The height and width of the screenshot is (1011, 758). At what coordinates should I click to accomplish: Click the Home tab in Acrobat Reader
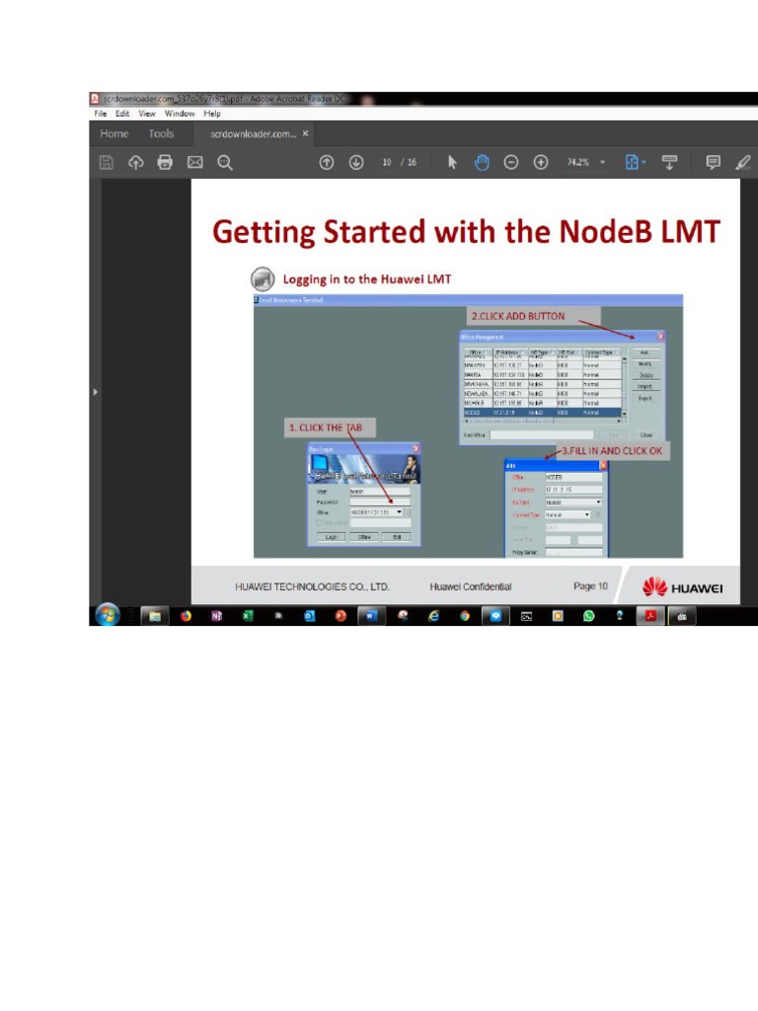pos(114,133)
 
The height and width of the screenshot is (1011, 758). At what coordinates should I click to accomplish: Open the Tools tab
pos(161,133)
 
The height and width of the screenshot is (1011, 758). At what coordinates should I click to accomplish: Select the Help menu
pos(212,114)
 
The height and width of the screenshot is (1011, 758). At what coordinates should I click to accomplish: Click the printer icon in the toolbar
pos(165,163)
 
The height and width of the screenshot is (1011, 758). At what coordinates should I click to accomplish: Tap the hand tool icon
pos(482,163)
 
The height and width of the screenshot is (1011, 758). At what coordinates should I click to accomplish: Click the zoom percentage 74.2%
pos(578,163)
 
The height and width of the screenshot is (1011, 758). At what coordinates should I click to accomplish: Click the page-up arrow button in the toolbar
pos(326,163)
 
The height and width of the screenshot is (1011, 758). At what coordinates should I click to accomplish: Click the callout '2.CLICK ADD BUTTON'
pos(518,316)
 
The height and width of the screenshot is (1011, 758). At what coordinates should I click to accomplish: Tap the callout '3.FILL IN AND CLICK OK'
pos(612,450)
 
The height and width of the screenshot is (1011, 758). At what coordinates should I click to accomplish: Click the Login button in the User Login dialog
pos(332,537)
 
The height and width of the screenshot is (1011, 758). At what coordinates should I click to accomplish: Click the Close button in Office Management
pos(646,434)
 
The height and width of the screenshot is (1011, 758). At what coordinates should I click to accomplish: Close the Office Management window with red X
pos(660,337)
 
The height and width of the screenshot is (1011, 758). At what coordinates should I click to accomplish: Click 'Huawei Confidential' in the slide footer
pos(471,586)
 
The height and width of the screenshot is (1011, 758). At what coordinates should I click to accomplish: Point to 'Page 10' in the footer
pos(590,586)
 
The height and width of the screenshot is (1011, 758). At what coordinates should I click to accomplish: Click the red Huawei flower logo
pos(653,587)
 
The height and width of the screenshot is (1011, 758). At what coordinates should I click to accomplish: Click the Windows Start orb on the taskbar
pos(106,615)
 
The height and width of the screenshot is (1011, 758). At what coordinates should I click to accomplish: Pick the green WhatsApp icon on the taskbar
pos(589,615)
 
